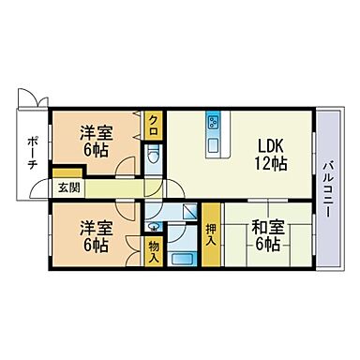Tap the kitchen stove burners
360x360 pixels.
[x=213, y=123]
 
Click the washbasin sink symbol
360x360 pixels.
[x=152, y=225]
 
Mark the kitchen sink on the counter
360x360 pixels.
[x=212, y=146]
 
